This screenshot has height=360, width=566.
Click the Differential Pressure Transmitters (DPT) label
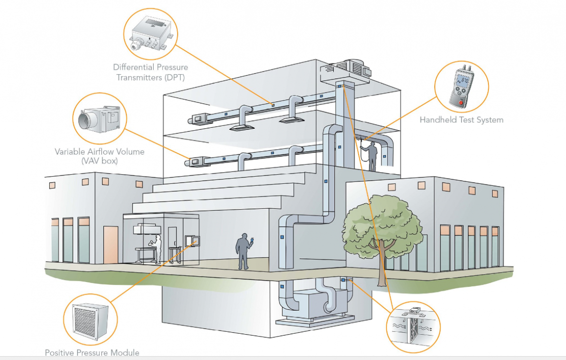tap(150, 72)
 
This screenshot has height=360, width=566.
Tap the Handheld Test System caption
tap(461, 120)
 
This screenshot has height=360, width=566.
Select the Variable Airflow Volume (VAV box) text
tap(100, 156)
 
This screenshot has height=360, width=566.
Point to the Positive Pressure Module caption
tap(92, 353)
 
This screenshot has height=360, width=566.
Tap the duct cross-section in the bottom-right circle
tap(413, 324)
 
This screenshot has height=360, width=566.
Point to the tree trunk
tap(381, 268)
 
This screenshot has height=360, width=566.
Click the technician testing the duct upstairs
tap(372, 155)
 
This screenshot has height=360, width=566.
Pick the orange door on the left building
tap(110, 244)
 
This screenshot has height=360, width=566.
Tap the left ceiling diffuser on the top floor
tap(241, 128)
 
